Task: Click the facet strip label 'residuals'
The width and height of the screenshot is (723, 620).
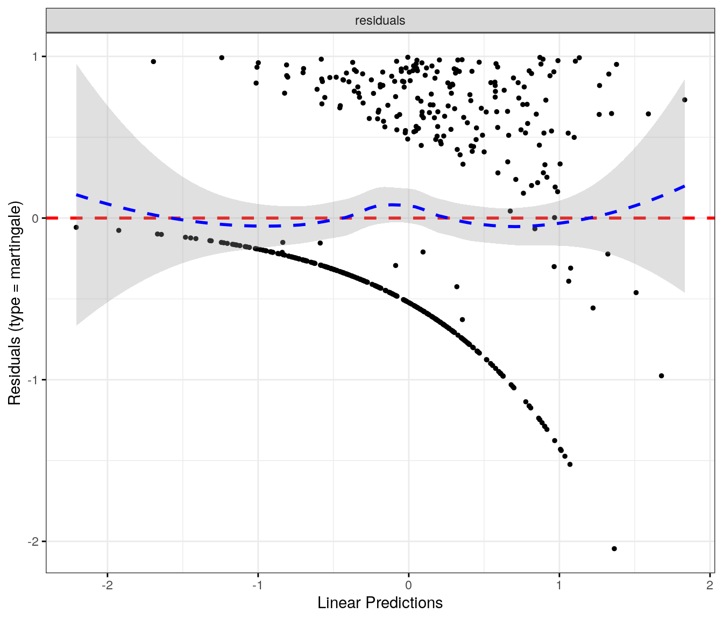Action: click(380, 21)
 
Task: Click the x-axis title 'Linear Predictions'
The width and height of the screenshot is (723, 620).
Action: click(380, 603)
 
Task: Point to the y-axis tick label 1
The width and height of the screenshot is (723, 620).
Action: click(36, 57)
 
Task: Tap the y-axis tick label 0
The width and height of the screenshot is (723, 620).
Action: click(36, 218)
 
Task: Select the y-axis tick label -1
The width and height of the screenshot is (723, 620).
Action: click(34, 380)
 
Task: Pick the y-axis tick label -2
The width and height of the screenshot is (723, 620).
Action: click(34, 541)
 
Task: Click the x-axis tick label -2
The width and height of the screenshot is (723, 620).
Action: click(107, 586)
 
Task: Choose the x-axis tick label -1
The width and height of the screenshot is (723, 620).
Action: click(258, 586)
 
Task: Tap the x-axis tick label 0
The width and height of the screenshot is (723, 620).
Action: click(408, 586)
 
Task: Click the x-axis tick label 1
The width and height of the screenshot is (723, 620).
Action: click(559, 586)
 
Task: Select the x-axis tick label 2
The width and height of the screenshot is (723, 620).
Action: click(710, 586)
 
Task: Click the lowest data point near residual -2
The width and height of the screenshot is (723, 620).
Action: click(614, 549)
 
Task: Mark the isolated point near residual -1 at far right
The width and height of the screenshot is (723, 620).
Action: click(662, 376)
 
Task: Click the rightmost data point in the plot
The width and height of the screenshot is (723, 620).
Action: click(685, 100)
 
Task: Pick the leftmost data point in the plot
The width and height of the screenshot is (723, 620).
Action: click(76, 227)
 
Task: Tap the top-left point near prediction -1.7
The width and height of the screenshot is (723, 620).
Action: click(153, 61)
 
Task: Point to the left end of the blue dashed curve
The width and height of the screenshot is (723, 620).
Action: click(76, 194)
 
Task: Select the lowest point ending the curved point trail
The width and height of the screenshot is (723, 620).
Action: click(570, 464)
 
